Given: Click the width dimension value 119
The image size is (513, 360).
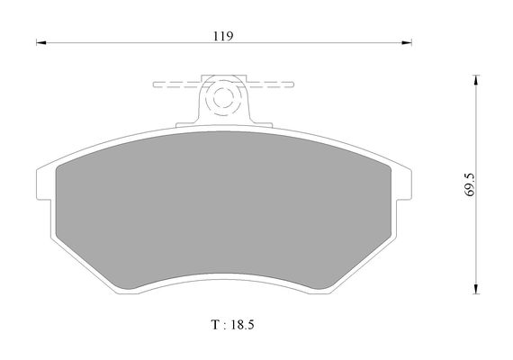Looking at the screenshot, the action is pos(223,36).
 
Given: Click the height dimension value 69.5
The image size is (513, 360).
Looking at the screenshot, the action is pos(470,184).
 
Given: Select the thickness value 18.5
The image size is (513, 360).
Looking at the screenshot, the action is pos(242,325).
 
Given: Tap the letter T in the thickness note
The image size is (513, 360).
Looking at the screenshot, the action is pos(215,325).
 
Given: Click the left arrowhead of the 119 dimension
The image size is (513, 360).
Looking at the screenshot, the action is pos(40,42).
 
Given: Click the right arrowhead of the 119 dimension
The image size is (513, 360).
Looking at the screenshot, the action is pos(407,42).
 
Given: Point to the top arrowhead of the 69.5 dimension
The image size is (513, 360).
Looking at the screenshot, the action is pos(476,80).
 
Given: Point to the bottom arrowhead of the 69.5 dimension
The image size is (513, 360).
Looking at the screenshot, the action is pos(476,289).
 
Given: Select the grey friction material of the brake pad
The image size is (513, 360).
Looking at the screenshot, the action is pos(223,210).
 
